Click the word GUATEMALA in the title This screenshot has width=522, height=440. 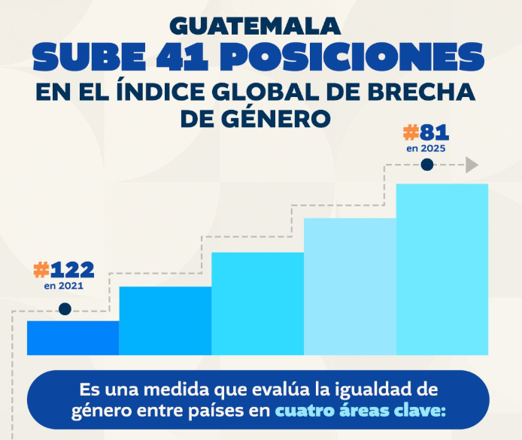coord(255,25)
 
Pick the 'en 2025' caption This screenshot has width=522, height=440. coord(426,149)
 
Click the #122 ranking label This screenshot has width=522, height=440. coord(64,270)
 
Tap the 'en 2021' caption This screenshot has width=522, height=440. coord(64,286)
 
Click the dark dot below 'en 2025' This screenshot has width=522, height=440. coord(427,165)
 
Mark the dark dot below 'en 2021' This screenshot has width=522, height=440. coord(65,308)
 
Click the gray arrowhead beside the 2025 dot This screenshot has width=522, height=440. coord(472,165)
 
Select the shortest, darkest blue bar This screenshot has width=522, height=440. coord(73,337)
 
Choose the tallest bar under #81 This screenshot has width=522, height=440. coord(442,269)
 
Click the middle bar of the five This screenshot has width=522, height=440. coord(257,303)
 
